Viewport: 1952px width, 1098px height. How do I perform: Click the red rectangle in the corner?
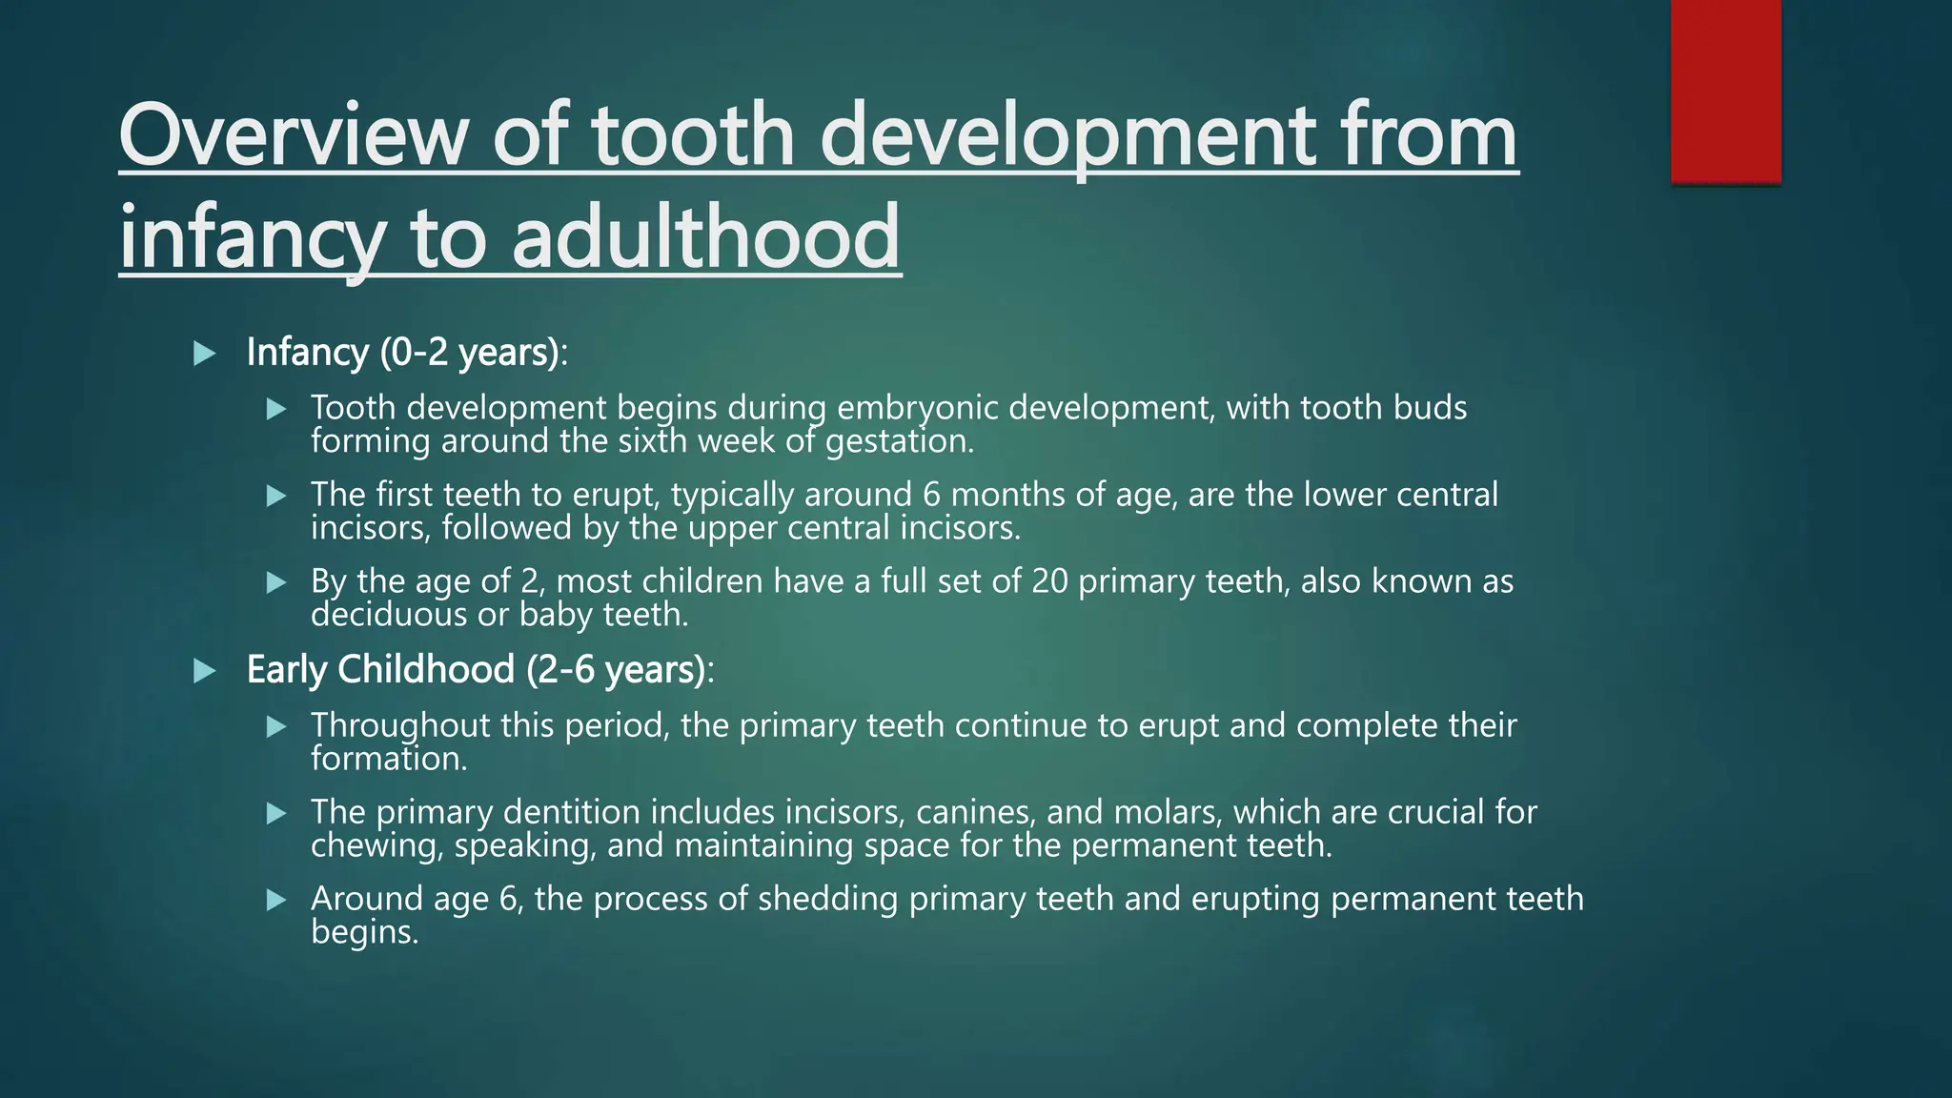[1725, 91]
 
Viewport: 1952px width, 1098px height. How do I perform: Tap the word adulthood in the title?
[705, 235]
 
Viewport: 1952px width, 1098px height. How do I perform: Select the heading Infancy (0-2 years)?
[405, 353]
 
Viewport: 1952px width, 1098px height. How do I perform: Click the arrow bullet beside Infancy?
[204, 355]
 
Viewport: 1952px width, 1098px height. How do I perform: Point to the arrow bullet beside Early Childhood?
[204, 672]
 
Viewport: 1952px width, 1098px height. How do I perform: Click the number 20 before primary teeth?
[1049, 581]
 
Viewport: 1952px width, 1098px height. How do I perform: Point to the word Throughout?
[399, 725]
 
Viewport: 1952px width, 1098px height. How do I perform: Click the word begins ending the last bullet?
[364, 932]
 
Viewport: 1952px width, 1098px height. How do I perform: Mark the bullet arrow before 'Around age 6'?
[276, 900]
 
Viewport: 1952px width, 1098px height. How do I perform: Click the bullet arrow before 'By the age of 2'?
[276, 582]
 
